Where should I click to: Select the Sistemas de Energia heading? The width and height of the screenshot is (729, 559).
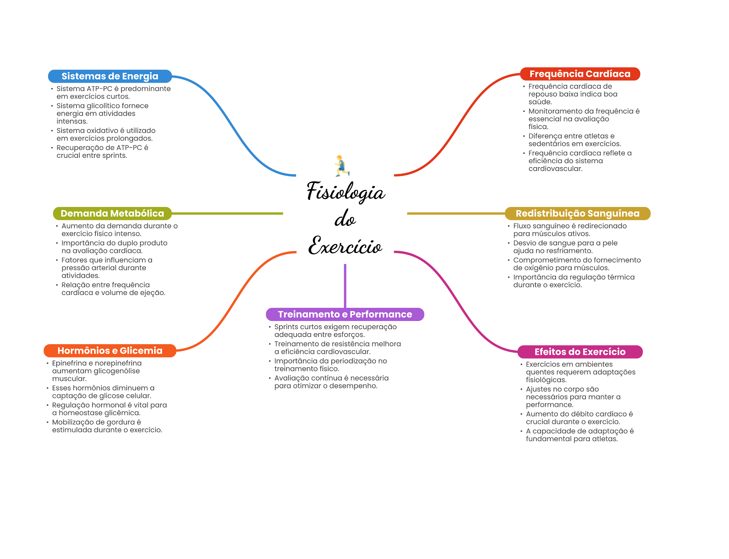pos(110,76)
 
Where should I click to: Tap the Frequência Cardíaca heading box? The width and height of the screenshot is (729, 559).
pos(580,74)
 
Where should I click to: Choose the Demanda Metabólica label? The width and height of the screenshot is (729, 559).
pos(112,213)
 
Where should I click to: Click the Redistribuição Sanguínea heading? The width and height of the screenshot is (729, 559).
pos(577,213)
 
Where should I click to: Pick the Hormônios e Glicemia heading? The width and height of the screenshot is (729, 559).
pos(110,351)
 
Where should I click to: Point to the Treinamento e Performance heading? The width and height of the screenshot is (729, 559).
pos(345,314)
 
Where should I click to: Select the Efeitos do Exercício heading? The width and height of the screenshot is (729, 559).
pos(580,352)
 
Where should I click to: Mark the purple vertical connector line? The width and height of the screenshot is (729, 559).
pos(345,285)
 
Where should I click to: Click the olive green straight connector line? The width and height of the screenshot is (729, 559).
pos(228,214)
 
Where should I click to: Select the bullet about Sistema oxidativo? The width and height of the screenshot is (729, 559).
pos(106,135)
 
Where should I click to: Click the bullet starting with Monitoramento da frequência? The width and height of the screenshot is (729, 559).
pos(584,119)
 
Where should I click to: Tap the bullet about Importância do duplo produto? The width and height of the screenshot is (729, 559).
pos(114,247)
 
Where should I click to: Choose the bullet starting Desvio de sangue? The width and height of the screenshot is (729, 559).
pos(565,247)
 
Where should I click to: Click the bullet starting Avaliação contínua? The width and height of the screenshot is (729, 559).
pos(331,382)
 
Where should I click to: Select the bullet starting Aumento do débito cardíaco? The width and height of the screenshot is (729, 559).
pos(579,418)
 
